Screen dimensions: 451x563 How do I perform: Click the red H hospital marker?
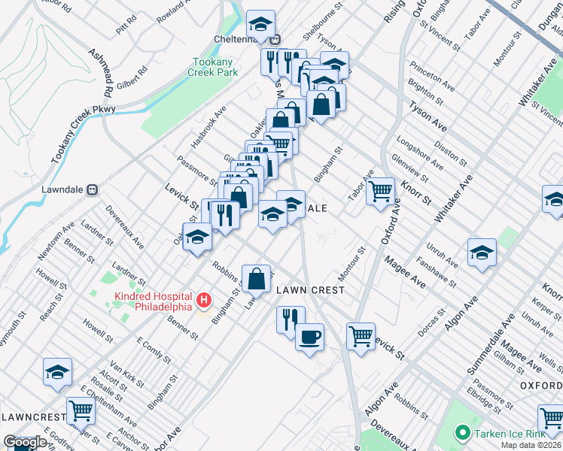pyautogui.click(x=203, y=301)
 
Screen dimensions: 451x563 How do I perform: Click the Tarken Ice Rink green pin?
pyautogui.click(x=463, y=434)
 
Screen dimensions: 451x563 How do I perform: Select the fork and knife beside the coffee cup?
pyautogui.click(x=290, y=319)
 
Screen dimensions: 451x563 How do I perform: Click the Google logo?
pyautogui.click(x=25, y=443)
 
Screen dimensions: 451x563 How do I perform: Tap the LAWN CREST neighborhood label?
pyautogui.click(x=310, y=290)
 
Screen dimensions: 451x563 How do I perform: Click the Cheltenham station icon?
pyautogui.click(x=276, y=40)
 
